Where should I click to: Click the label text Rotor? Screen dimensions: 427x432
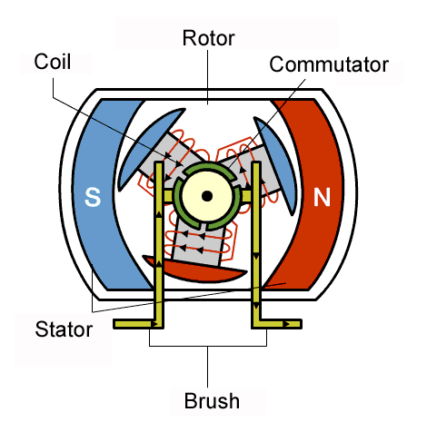point(208,38)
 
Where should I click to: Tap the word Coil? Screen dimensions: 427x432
point(53,62)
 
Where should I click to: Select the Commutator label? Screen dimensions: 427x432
point(329,64)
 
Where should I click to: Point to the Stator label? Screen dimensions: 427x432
point(64,329)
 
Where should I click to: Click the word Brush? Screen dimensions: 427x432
point(212,401)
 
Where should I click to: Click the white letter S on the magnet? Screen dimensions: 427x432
point(93,197)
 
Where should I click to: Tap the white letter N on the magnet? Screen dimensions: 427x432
point(322,197)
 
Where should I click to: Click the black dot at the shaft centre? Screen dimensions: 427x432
point(207,196)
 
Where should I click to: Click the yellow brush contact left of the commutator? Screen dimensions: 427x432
point(168,196)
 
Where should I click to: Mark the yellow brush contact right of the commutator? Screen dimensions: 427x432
point(246,196)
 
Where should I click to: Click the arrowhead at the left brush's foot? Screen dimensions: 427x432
point(156,324)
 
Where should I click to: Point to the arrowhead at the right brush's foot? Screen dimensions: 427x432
point(287,324)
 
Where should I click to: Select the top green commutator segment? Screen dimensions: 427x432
point(209,170)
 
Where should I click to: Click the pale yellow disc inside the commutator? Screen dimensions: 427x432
point(207,196)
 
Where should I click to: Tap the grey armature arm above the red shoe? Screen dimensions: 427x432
point(198,243)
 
